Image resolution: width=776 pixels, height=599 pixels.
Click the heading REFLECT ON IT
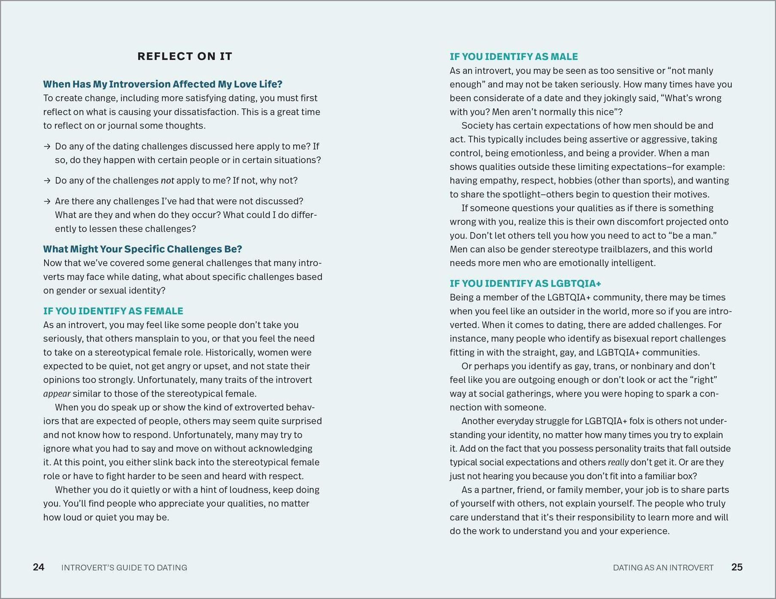coord(185,56)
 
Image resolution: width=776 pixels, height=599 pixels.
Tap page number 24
coord(39,567)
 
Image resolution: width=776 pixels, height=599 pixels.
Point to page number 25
coord(737,567)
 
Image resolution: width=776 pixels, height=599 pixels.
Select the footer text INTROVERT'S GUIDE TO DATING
coord(124,568)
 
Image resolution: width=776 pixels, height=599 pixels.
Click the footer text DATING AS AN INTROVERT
coord(663,568)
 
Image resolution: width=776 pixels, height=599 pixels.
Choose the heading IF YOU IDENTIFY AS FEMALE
coord(113,311)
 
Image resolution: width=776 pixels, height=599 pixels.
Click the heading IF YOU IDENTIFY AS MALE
coord(514,57)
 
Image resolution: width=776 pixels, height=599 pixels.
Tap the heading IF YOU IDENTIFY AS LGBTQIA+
coord(525,283)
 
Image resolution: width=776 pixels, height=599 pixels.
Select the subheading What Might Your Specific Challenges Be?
coord(143,249)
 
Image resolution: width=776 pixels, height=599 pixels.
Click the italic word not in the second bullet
coord(167,181)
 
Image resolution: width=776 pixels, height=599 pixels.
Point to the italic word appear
coord(57,394)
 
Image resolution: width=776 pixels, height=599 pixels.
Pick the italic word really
coord(618,462)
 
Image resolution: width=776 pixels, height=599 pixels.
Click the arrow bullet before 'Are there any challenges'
coord(47,201)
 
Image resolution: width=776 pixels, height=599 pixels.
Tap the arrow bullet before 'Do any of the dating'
coord(47,146)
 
